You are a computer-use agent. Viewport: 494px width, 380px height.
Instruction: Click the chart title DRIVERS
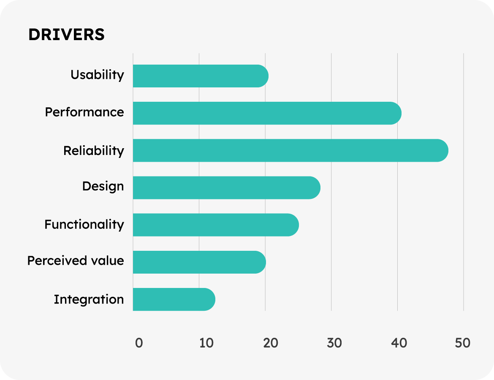[66, 35]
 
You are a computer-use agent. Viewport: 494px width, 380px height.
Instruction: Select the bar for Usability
[200, 76]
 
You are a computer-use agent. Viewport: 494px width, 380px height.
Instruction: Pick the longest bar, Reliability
[290, 150]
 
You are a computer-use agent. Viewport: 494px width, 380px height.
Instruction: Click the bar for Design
[226, 187]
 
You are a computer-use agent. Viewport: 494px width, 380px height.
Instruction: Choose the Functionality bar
[215, 225]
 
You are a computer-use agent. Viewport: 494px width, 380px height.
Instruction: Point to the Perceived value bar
[199, 262]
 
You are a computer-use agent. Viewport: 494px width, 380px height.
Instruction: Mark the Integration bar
[174, 299]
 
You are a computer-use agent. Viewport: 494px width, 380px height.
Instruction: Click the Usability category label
[97, 75]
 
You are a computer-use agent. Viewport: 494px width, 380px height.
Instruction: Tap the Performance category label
[84, 112]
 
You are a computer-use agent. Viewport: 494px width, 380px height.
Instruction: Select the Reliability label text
[94, 151]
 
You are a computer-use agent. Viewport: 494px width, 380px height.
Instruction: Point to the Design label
[103, 187]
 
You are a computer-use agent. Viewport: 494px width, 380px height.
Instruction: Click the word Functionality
[84, 224]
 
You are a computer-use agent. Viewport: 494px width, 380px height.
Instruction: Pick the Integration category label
[89, 300]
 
